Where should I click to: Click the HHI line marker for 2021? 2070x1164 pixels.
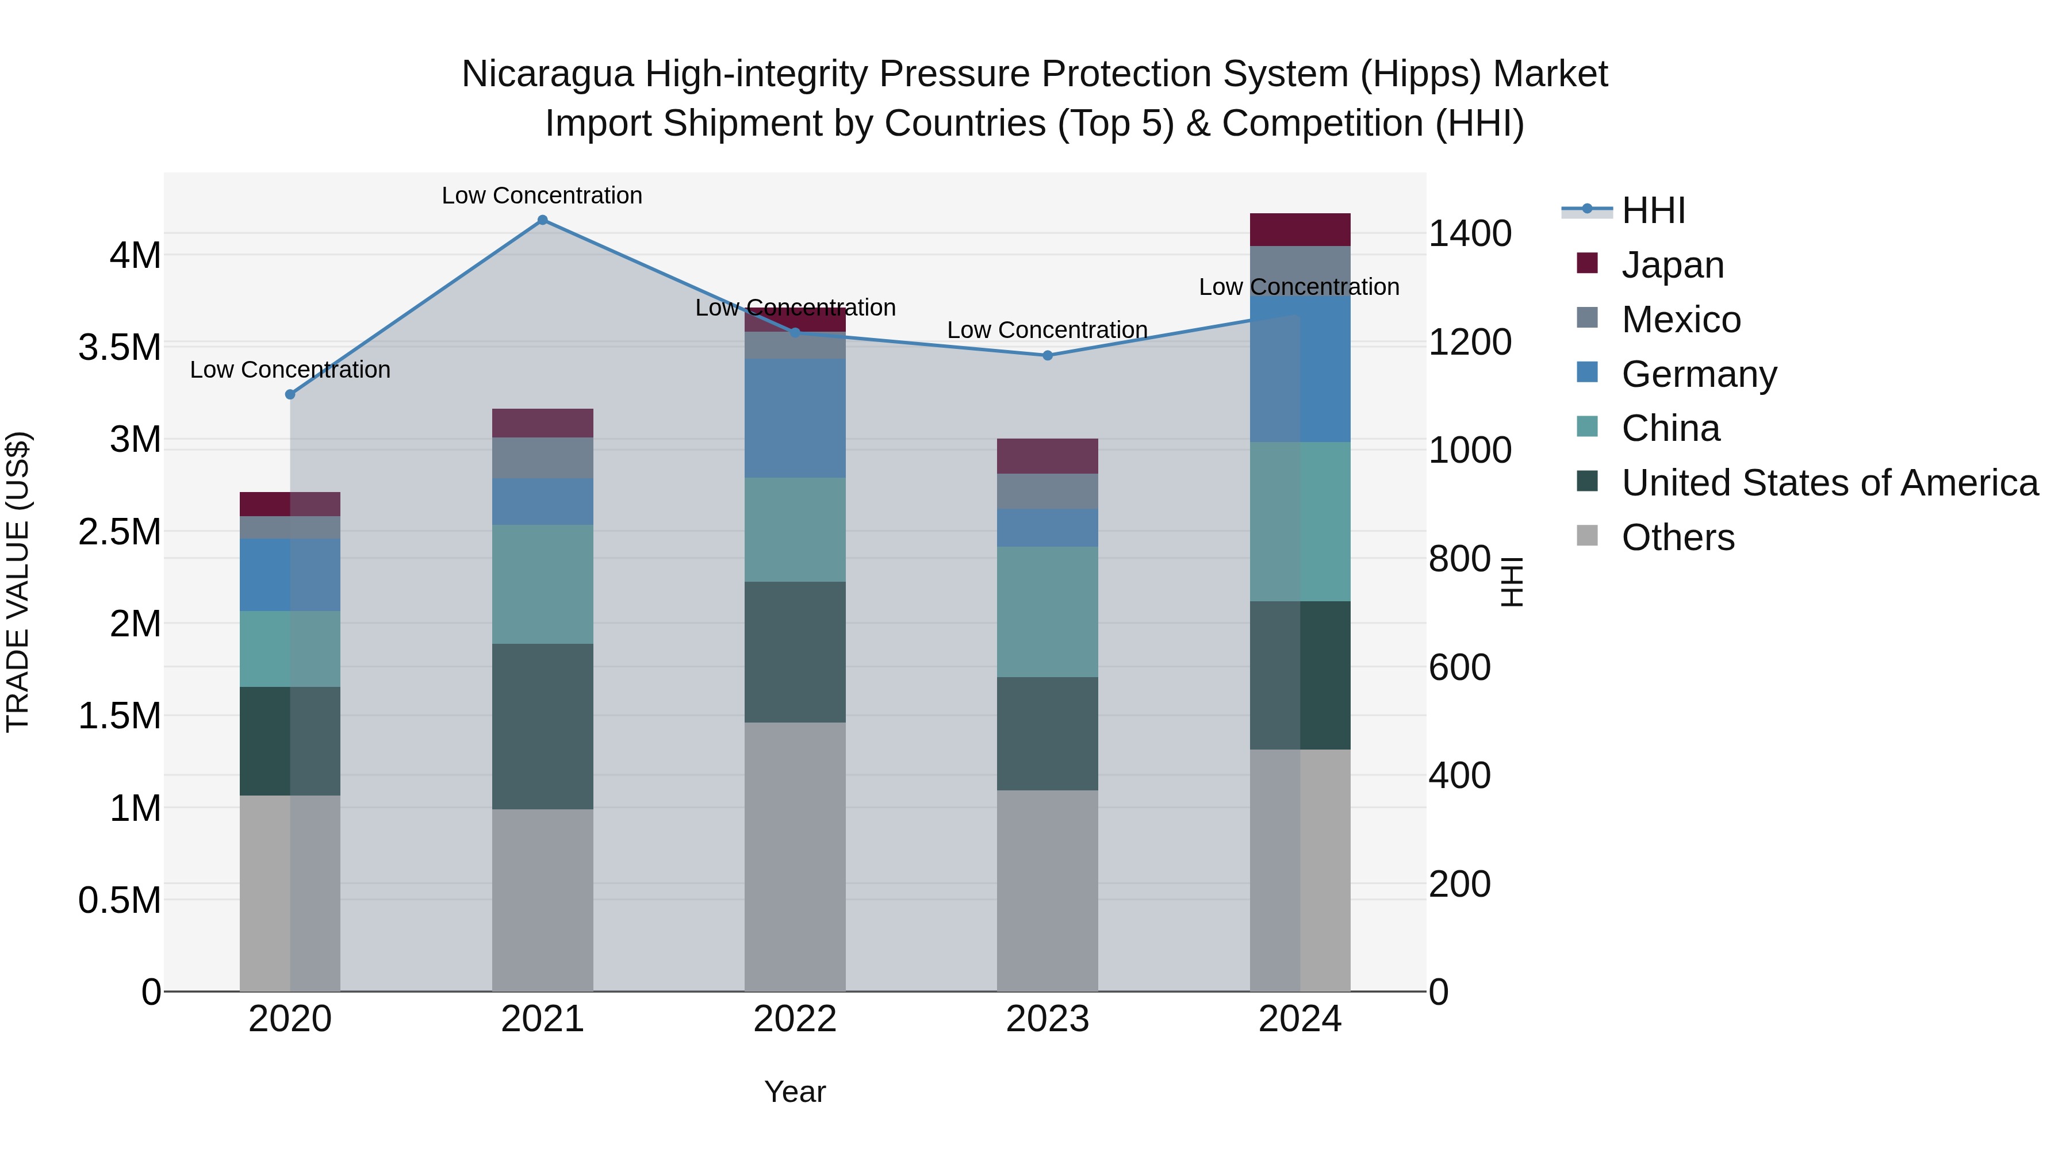542,220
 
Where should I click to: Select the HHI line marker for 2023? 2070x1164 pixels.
1047,355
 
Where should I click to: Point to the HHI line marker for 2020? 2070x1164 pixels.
290,394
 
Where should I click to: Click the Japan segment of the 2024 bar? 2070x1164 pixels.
1299,230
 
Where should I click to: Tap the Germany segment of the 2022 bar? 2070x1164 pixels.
795,418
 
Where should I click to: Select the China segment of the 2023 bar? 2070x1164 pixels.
1047,612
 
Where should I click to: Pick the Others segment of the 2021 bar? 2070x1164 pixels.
542,900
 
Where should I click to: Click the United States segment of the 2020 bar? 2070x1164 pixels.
290,741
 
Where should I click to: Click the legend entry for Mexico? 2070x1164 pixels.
1680,320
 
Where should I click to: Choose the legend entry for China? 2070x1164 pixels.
1670,428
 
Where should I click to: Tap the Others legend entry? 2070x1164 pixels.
1677,537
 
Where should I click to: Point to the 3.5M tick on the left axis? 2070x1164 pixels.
120,348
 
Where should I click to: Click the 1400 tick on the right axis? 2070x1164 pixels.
1470,234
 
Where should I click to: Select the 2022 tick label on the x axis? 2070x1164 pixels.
795,1019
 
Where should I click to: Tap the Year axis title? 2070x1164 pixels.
795,1092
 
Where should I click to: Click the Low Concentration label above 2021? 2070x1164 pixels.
542,195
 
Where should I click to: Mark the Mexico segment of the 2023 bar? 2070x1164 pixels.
1047,491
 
